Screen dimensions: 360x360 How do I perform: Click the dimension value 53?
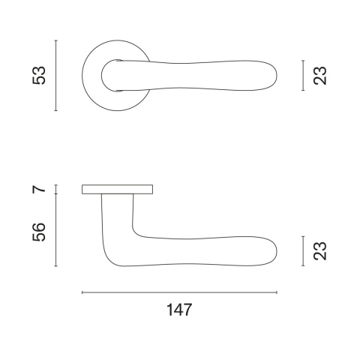click(39, 75)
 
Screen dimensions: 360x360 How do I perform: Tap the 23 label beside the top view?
click(320, 76)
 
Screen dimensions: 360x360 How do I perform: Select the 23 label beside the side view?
click(320, 251)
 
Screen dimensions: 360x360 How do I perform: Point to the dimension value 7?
click(39, 189)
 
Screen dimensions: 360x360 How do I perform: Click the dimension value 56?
click(39, 232)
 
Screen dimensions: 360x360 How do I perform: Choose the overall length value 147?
click(179, 310)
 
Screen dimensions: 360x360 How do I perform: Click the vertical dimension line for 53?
click(56, 75)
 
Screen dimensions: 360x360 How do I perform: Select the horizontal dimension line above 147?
click(179, 292)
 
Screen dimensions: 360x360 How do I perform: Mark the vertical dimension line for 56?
click(56, 230)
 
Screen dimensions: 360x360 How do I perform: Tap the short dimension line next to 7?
click(56, 189)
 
